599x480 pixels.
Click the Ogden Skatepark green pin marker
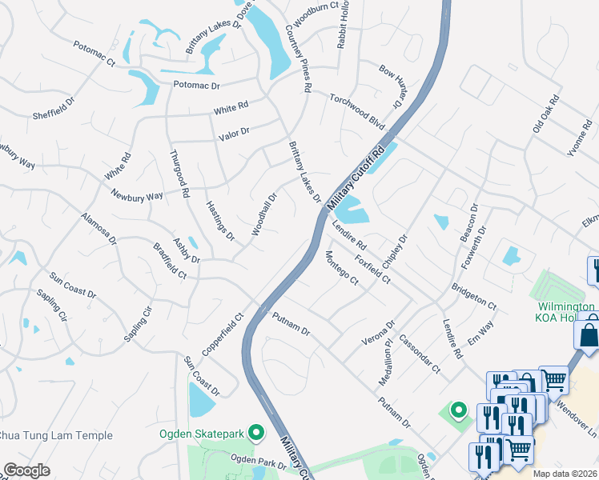pyautogui.click(x=257, y=433)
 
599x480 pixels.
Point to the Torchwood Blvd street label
pyautogui.click(x=357, y=111)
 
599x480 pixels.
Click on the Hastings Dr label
pyautogui.click(x=220, y=220)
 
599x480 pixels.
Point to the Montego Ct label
pyautogui.click(x=341, y=267)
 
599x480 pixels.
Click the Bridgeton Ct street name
pyautogui.click(x=474, y=296)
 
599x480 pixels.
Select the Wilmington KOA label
pyautogui.click(x=564, y=312)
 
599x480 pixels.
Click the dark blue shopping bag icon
pyautogui.click(x=589, y=334)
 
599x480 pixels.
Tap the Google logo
pyautogui.click(x=27, y=470)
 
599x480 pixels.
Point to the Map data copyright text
pyautogui.click(x=565, y=474)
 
